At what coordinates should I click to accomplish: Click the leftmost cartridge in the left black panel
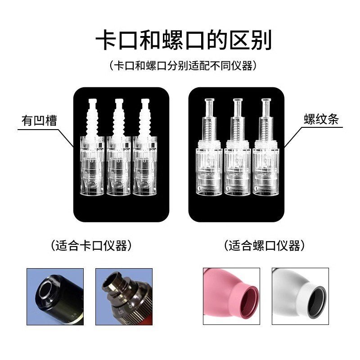click(x=92, y=153)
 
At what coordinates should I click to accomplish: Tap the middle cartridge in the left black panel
click(x=119, y=153)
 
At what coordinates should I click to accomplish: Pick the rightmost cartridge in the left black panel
click(x=146, y=153)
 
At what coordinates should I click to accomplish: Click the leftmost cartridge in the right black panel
click(x=209, y=153)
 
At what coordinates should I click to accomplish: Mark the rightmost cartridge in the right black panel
click(x=265, y=153)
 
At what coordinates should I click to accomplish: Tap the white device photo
click(x=300, y=296)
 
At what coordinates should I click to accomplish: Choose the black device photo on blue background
click(x=55, y=296)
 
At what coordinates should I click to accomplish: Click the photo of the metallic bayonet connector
click(x=124, y=296)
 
